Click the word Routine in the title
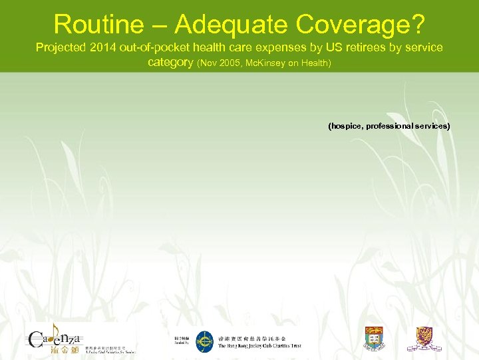[x=98, y=24]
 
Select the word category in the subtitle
[x=170, y=63]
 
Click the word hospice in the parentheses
[x=345, y=125]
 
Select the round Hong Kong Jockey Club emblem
[x=204, y=341]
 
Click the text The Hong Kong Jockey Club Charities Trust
[x=259, y=346]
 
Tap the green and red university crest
[x=375, y=338]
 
